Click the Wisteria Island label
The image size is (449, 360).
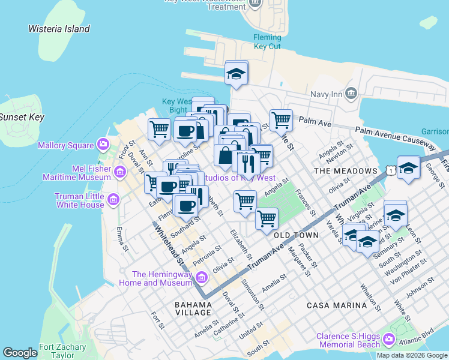pyautogui.click(x=59, y=29)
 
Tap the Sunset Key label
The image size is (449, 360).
pyautogui.click(x=22, y=118)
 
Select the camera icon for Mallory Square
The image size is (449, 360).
pyautogui.click(x=103, y=145)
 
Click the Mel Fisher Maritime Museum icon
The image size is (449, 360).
pyautogui.click(x=119, y=173)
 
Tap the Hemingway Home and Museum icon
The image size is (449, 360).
pyautogui.click(x=201, y=278)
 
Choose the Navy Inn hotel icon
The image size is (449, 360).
pyautogui.click(x=351, y=94)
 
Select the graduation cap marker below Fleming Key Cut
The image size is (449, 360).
pyautogui.click(x=237, y=74)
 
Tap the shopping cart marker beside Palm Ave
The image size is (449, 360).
pyautogui.click(x=280, y=120)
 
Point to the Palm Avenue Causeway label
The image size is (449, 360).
pyautogui.click(x=394, y=136)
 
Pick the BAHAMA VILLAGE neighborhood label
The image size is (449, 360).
pyautogui.click(x=193, y=308)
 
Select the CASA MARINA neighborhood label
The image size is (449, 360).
pyautogui.click(x=336, y=305)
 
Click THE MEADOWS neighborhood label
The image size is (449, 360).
pyautogui.click(x=347, y=171)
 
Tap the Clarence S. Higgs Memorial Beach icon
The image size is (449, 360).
pyautogui.click(x=390, y=340)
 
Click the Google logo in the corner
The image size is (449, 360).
pyautogui.click(x=20, y=353)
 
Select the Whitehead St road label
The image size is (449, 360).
pyautogui.click(x=169, y=243)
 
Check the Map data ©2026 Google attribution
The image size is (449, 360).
pyautogui.click(x=412, y=356)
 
